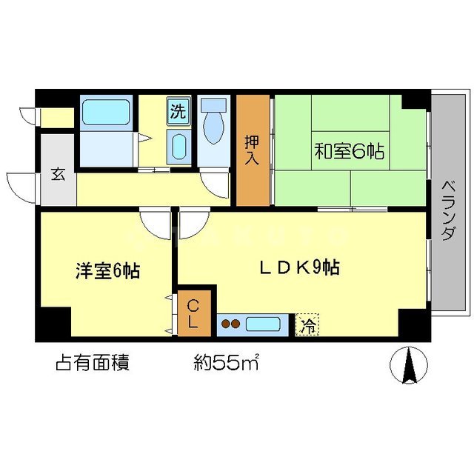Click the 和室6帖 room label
(349, 153)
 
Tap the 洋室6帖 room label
(107, 271)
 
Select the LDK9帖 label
(300, 268)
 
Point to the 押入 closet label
(253, 150)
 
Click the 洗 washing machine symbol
(178, 112)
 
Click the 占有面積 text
(93, 363)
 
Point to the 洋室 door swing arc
(156, 223)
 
